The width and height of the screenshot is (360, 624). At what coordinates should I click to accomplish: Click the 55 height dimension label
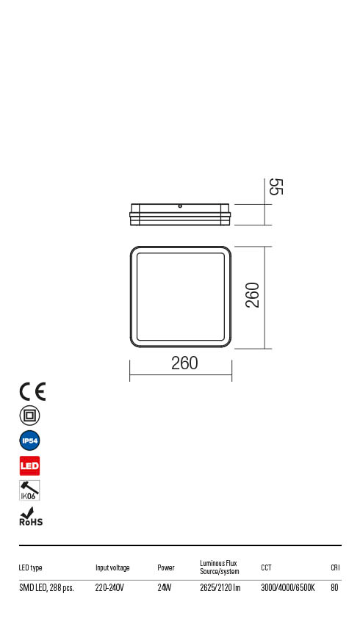pyautogui.click(x=276, y=186)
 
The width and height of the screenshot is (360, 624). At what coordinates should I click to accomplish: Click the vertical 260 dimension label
pyautogui.click(x=252, y=295)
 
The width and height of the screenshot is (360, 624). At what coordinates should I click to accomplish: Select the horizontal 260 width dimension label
pyautogui.click(x=184, y=363)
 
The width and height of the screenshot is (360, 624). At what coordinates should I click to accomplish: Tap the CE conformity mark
pyautogui.click(x=32, y=392)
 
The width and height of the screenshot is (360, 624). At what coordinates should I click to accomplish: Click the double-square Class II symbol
pyautogui.click(x=30, y=416)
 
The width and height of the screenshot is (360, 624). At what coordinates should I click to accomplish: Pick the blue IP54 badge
pyautogui.click(x=30, y=440)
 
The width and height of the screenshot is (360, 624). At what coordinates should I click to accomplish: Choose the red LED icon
pyautogui.click(x=30, y=465)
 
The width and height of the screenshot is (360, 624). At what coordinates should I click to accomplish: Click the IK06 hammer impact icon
pyautogui.click(x=29, y=490)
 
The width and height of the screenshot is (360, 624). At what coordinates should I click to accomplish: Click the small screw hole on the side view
pyautogui.click(x=180, y=206)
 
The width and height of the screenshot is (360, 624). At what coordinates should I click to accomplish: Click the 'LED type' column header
pyautogui.click(x=31, y=567)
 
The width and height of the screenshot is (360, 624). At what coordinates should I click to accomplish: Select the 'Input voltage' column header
pyautogui.click(x=112, y=567)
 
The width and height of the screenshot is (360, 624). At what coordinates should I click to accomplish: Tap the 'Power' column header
pyautogui.click(x=166, y=567)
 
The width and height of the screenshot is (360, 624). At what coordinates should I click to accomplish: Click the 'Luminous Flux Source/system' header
pyautogui.click(x=220, y=567)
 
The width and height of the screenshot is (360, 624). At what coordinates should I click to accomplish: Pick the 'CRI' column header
pyautogui.click(x=335, y=567)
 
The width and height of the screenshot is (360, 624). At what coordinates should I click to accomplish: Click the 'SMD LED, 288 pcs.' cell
pyautogui.click(x=46, y=587)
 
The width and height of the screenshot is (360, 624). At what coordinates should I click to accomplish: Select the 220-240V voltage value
pyautogui.click(x=110, y=587)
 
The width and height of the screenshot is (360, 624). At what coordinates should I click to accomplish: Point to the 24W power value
pyautogui.click(x=165, y=587)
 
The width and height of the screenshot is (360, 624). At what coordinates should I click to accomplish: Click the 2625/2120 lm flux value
pyautogui.click(x=220, y=587)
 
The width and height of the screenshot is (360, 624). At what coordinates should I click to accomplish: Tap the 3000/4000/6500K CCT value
pyautogui.click(x=288, y=587)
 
